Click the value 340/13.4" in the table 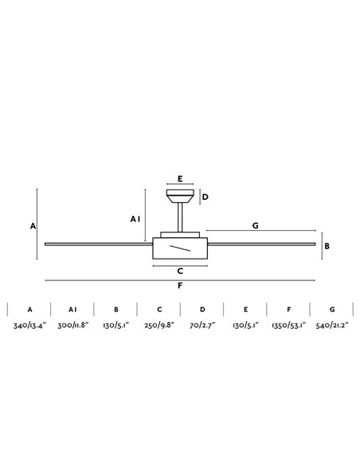point(29,326)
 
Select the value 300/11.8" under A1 point(73,326)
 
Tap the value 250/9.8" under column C point(159,326)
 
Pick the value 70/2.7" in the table point(202,326)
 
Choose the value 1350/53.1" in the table point(289,326)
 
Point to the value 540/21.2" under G point(332,326)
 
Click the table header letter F point(289,309)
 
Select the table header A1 point(72,309)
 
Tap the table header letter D point(202,309)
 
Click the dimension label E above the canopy point(180,179)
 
